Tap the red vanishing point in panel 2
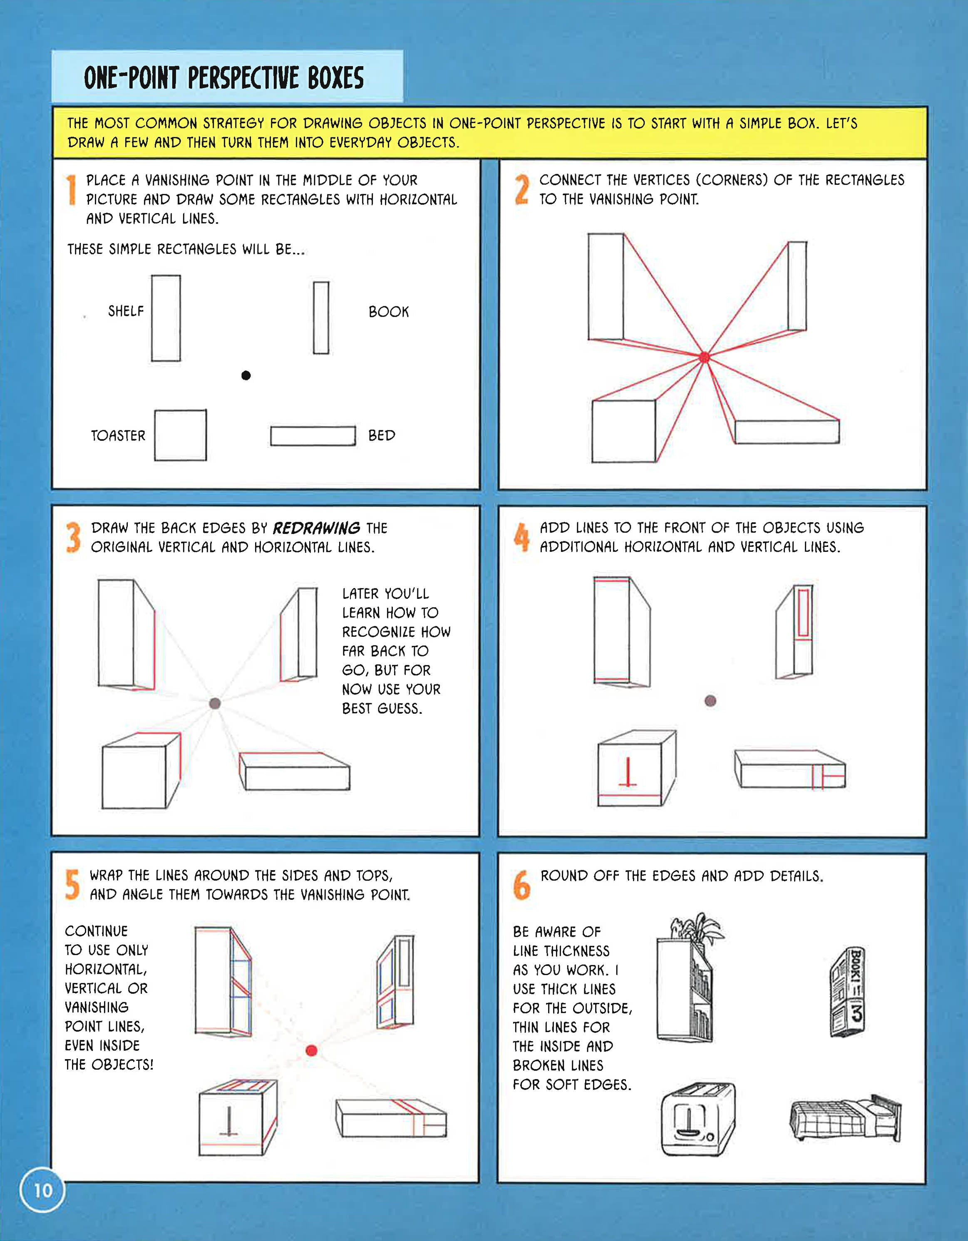[705, 357]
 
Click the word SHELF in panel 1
[126, 311]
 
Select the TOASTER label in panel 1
[118, 435]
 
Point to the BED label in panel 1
[382, 435]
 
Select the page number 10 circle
[42, 1190]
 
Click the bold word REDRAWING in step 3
[316, 528]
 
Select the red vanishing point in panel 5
[311, 1050]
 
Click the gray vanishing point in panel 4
[710, 701]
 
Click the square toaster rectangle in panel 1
[181, 435]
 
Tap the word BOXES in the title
[336, 78]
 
